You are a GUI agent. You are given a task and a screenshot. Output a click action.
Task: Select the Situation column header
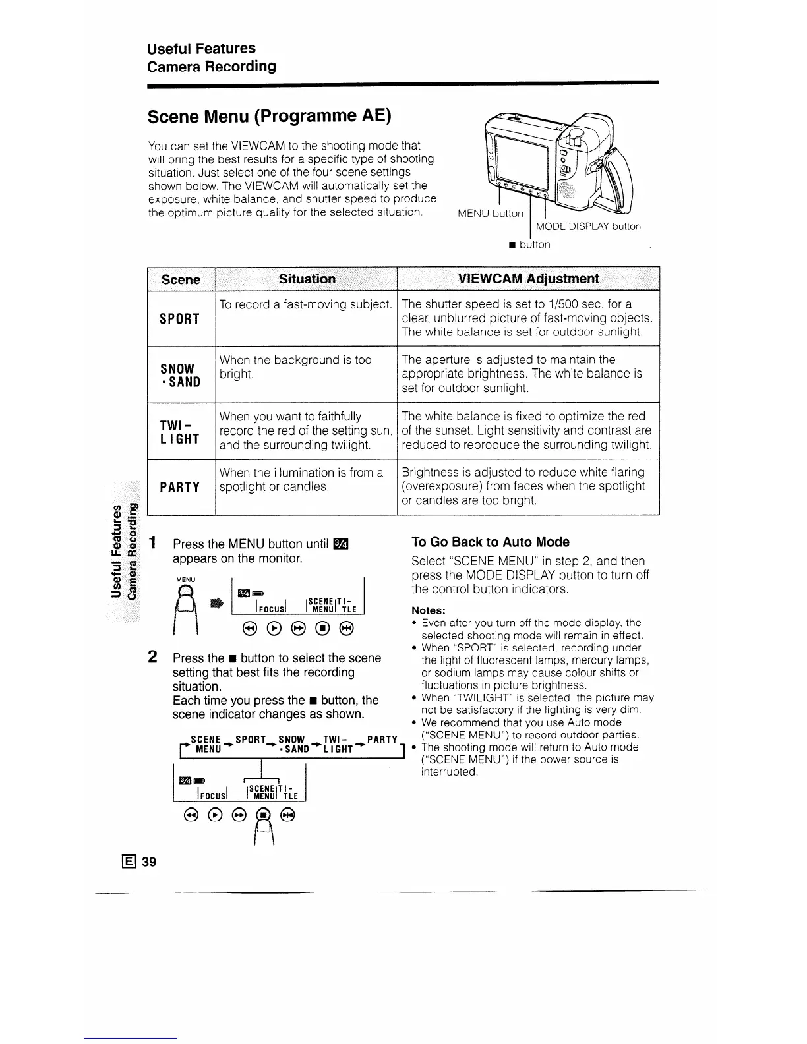point(307,279)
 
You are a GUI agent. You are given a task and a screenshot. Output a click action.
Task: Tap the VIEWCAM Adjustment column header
point(528,278)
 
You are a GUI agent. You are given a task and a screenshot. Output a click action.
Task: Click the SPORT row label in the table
point(179,318)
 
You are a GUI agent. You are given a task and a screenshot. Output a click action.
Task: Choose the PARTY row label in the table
point(179,487)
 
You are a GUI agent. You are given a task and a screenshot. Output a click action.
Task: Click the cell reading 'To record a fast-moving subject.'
point(306,304)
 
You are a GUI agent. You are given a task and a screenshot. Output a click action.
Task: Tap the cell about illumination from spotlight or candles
point(301,480)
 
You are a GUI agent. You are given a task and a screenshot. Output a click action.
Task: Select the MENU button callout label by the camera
point(490,213)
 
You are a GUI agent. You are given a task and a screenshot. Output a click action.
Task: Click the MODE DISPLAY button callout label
point(588,227)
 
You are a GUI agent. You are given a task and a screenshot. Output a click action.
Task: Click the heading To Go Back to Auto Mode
point(490,542)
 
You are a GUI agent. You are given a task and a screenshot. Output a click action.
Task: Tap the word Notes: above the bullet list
point(429,610)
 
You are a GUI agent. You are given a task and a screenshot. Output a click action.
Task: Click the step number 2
point(152,657)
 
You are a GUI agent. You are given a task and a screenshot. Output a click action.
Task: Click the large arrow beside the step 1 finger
point(215,602)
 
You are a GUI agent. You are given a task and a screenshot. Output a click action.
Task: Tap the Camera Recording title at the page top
point(212,66)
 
